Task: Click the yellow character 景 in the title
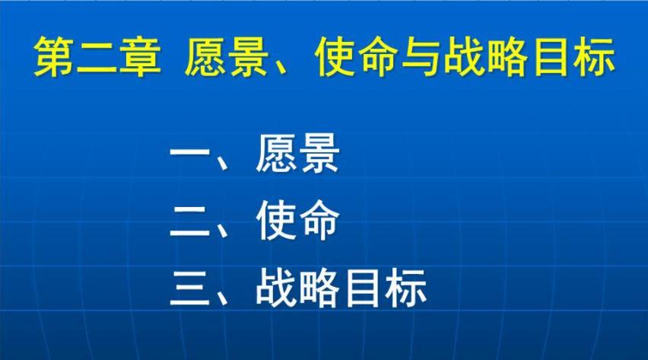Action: pyautogui.click(x=248, y=58)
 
